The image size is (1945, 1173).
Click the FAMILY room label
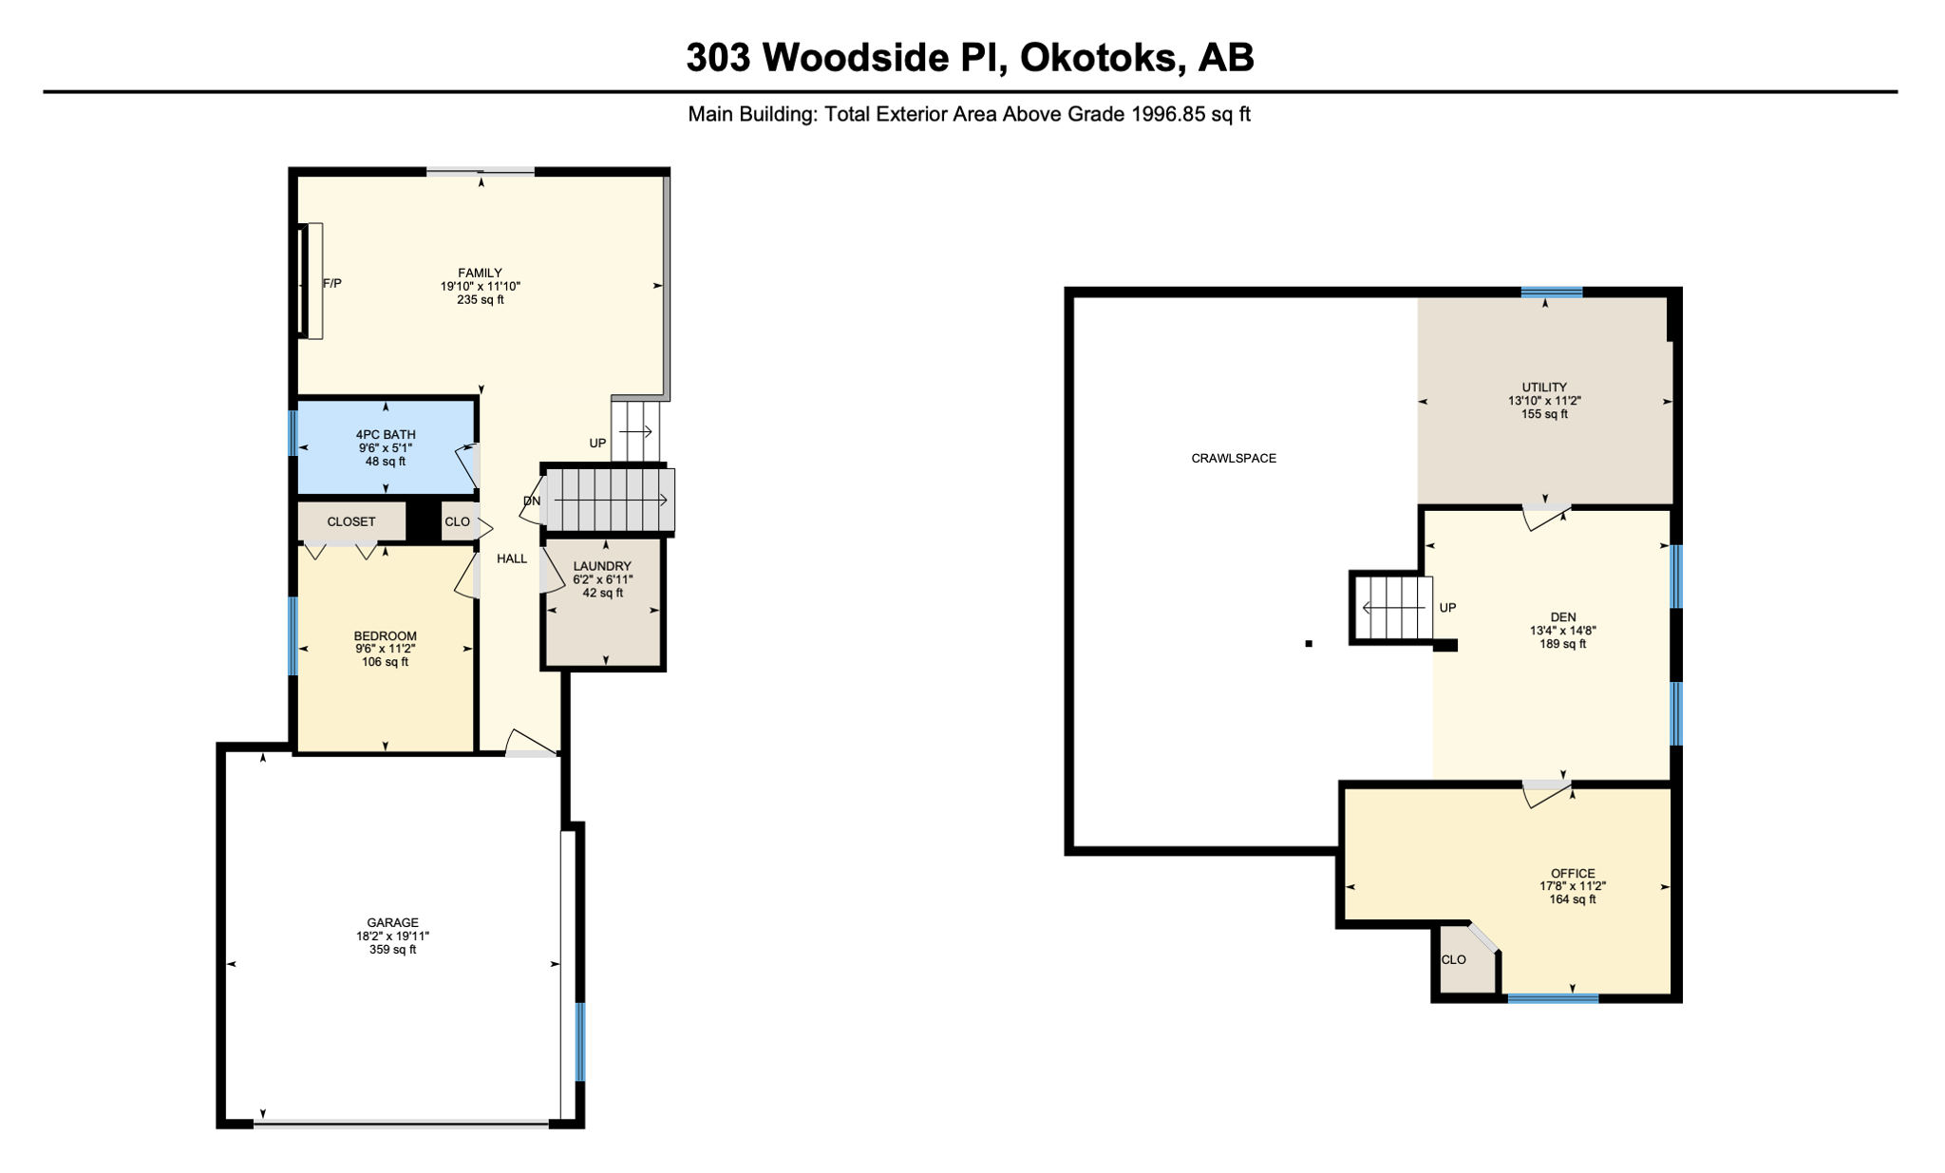pyautogui.click(x=480, y=273)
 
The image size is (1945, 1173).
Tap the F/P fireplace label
pyautogui.click(x=332, y=283)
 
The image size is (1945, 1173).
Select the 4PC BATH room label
pyautogui.click(x=386, y=434)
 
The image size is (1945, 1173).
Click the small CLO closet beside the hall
pyautogui.click(x=457, y=521)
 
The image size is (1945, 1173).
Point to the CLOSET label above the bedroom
pyautogui.click(x=351, y=521)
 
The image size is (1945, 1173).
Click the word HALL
pyautogui.click(x=512, y=558)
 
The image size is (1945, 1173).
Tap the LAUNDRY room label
pyautogui.click(x=602, y=566)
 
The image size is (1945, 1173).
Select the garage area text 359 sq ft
pyautogui.click(x=393, y=949)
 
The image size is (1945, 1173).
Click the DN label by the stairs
pyautogui.click(x=531, y=501)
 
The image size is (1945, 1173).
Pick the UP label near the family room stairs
pyautogui.click(x=597, y=443)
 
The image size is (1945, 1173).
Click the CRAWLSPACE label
pyautogui.click(x=1234, y=458)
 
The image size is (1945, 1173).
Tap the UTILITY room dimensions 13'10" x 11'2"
pyautogui.click(x=1544, y=401)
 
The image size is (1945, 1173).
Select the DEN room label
pyautogui.click(x=1563, y=616)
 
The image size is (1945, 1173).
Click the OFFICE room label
pyautogui.click(x=1573, y=873)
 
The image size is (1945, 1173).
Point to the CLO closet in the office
pyautogui.click(x=1453, y=959)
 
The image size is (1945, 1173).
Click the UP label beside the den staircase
pyautogui.click(x=1447, y=608)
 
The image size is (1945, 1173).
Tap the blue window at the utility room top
pyautogui.click(x=1552, y=293)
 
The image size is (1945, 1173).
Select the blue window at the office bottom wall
pyautogui.click(x=1553, y=997)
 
